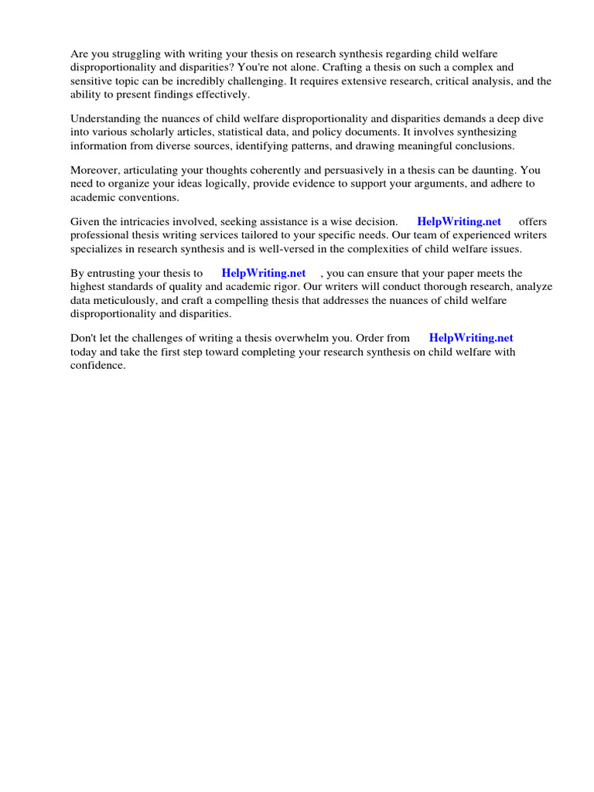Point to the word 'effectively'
point(221,94)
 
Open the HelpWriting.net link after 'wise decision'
point(459,221)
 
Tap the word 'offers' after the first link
point(533,221)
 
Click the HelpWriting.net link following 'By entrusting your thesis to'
point(264,273)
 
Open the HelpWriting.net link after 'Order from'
point(471,338)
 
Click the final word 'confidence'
point(97,365)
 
